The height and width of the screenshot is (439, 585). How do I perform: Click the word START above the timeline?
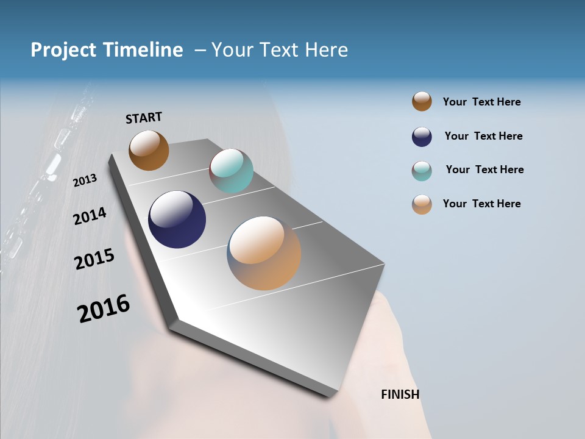coord(144,117)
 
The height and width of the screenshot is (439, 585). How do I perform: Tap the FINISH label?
coord(400,394)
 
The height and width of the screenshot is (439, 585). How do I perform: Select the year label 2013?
coord(85,180)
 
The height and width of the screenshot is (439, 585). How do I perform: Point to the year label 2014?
coord(90,216)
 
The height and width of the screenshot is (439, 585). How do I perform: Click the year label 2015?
coord(94,259)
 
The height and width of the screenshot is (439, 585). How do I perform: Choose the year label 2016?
coord(104,308)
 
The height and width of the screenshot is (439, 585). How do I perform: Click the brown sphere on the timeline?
coord(149,150)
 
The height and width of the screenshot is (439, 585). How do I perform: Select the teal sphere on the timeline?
coord(231,171)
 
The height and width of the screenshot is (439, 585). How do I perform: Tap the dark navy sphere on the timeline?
coord(177,220)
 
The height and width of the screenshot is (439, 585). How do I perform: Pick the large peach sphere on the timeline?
coord(264,253)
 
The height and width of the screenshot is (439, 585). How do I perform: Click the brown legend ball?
coord(422,101)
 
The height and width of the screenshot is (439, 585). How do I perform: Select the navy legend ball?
coord(422,137)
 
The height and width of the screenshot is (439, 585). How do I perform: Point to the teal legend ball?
coord(422,171)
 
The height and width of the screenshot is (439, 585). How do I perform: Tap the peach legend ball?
coord(422,204)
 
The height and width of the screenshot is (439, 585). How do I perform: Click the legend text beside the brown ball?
coord(481,102)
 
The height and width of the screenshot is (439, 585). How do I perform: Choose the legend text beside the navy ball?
coord(483,136)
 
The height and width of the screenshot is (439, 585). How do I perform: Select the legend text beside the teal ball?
coord(484,170)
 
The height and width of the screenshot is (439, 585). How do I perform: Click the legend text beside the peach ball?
coord(481,204)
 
